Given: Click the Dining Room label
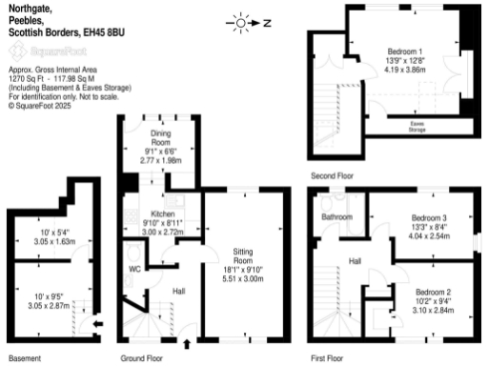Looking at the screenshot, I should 159,137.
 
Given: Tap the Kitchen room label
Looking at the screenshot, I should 162,213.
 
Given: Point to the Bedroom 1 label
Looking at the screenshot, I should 406,51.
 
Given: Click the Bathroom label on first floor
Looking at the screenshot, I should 336,217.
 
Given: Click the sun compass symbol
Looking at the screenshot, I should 239,22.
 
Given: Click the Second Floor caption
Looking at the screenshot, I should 331,176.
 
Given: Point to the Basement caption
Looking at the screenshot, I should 25,359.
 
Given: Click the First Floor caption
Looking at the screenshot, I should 327,359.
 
